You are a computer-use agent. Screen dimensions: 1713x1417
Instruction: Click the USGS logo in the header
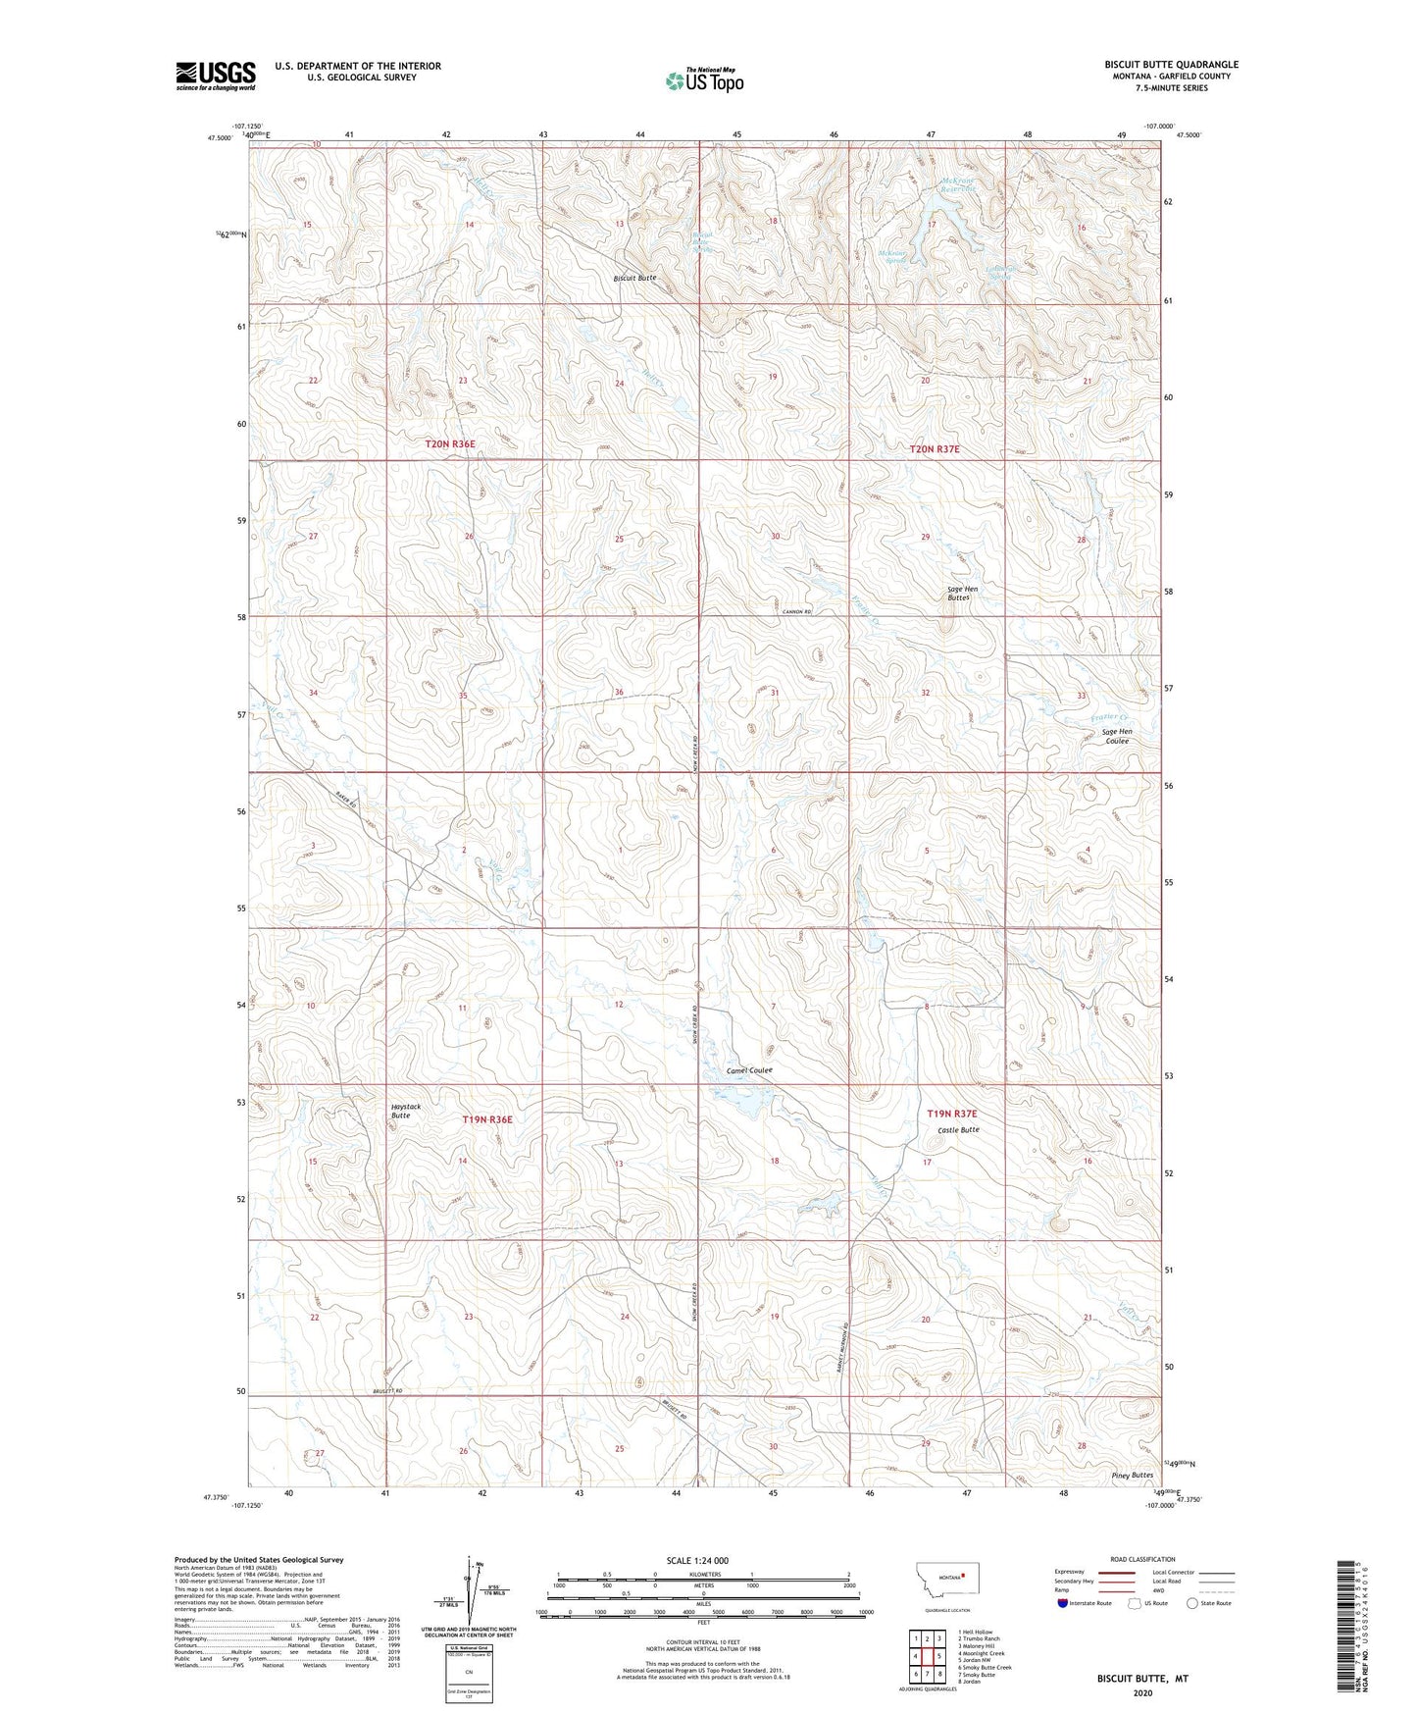[x=215, y=76]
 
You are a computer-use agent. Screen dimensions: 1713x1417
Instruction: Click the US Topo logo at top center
[x=703, y=80]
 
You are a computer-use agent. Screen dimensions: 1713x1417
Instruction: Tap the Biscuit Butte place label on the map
[x=634, y=278]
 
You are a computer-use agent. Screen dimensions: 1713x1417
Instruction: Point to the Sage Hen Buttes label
[x=962, y=593]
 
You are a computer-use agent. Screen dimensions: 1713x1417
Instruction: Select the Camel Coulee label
[x=749, y=1069]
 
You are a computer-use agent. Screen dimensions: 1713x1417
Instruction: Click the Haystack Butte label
[x=406, y=1111]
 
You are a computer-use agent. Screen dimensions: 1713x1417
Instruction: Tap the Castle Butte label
[x=957, y=1130]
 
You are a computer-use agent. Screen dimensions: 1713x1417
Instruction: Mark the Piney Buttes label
[x=1132, y=1476]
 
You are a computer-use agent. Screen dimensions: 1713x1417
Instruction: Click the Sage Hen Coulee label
[x=1116, y=736]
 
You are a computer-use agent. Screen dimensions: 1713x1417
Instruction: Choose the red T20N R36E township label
[x=449, y=444]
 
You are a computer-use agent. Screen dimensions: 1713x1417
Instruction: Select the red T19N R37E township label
[x=951, y=1114]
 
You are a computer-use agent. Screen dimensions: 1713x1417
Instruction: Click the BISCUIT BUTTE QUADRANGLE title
[x=1170, y=65]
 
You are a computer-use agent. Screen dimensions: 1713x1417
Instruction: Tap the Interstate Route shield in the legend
[x=1063, y=1603]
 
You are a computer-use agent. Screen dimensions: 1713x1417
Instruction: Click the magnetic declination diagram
[x=469, y=1589]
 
